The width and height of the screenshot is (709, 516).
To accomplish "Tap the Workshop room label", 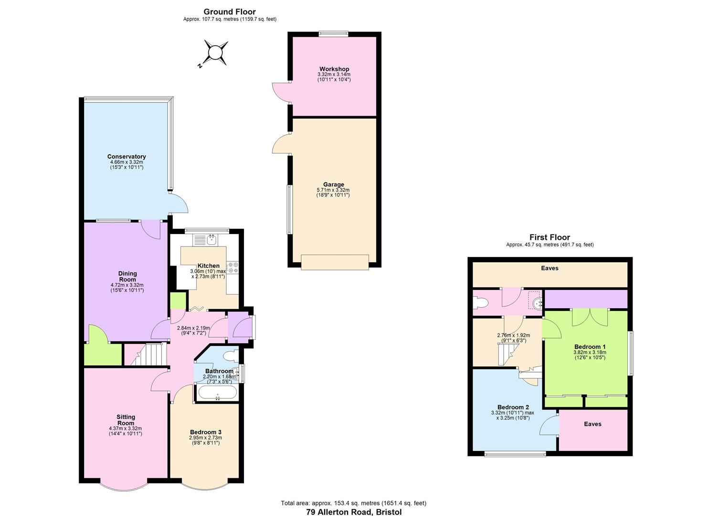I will coord(334,69).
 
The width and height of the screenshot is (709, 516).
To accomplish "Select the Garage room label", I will coord(333,184).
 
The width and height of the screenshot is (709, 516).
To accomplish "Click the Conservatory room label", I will coord(127,157).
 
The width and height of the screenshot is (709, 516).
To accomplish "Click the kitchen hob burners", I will coord(233,268).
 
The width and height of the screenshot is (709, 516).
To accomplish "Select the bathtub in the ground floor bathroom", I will coord(217,393).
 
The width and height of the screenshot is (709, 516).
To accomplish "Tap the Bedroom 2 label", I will coord(513,407).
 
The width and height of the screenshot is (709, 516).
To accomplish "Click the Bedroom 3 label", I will coord(205,432).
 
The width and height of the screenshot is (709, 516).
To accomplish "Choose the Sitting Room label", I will coord(126,420).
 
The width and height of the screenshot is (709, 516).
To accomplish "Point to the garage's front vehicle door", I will coord(335,262).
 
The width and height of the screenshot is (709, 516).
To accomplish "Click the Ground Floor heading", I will coord(230,12).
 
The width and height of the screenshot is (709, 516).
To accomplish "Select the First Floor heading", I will coord(550,237).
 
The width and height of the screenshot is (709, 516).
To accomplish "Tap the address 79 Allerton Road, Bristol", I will coord(354,512).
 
